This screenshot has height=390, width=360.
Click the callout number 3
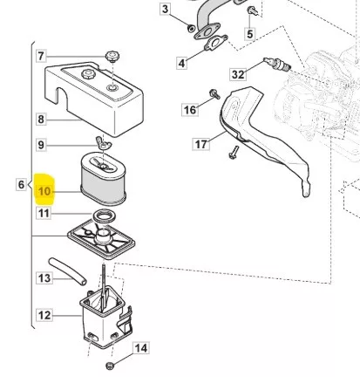165,10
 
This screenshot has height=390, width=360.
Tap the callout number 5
249,34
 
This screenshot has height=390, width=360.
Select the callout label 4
181,63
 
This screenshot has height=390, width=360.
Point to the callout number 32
238,74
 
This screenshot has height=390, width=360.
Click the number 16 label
190,110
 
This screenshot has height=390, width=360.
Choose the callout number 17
201,144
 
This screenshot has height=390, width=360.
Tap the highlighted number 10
44,191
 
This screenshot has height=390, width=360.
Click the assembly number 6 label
21,184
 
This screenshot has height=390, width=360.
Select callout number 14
141,348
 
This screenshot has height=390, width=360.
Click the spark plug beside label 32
277,65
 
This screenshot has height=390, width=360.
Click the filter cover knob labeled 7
112,56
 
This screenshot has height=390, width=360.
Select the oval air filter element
103,179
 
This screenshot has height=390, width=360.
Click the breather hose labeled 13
68,271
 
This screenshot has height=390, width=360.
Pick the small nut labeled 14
110,366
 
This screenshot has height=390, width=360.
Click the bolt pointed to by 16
214,94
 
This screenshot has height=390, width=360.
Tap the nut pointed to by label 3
191,28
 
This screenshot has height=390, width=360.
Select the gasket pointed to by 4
215,43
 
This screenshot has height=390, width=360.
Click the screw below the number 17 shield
234,153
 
